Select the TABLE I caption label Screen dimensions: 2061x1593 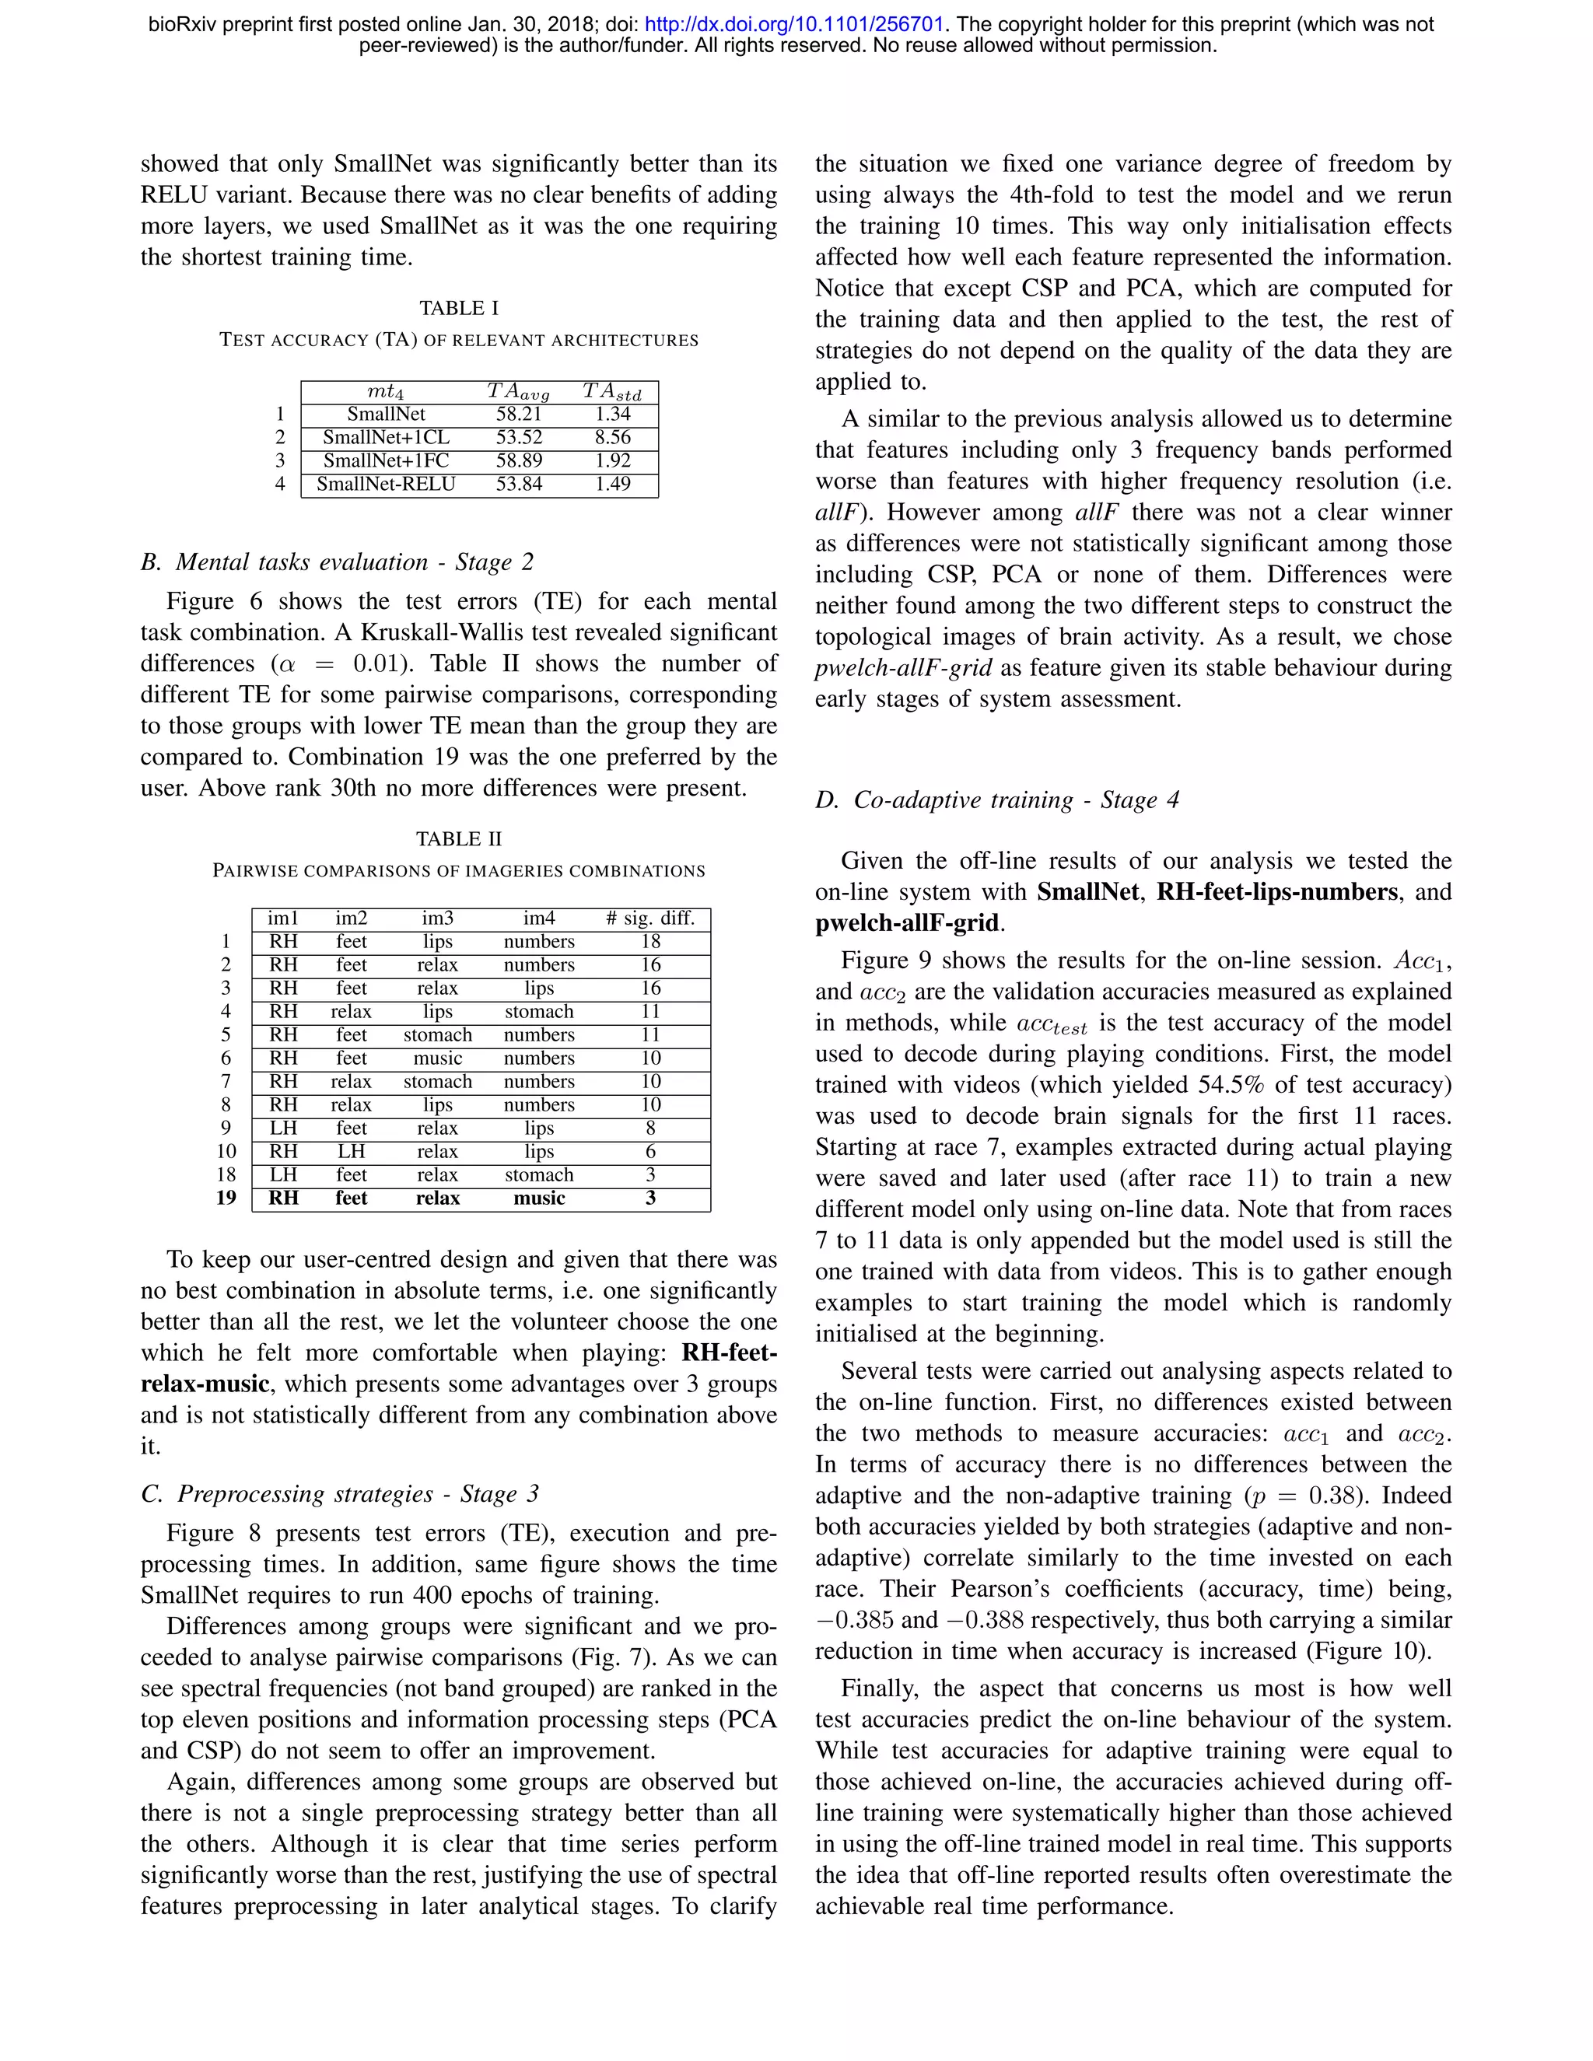pos(459,309)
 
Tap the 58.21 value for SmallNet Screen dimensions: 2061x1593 pos(519,415)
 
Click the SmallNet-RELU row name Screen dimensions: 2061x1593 pos(386,484)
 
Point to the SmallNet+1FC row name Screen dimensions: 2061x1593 pos(386,460)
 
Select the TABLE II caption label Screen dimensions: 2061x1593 pos(459,839)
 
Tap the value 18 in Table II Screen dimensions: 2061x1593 pos(650,942)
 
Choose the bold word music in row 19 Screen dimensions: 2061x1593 pos(539,1198)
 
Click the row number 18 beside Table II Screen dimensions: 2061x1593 pos(226,1175)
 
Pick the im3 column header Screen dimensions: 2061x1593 pos(437,919)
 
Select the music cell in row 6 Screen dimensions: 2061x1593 pos(437,1058)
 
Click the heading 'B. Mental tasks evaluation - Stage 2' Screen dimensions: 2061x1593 pos(337,562)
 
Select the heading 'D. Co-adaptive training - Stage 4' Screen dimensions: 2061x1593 pos(997,800)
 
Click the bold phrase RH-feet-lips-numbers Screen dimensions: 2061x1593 pos(1277,892)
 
